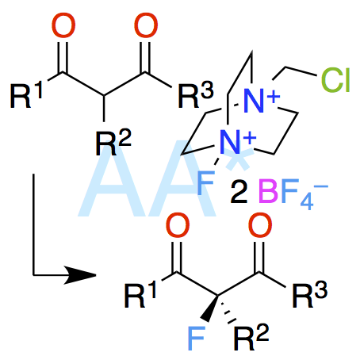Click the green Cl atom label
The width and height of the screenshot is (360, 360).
tap(335, 80)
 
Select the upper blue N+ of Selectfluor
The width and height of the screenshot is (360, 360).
tap(261, 101)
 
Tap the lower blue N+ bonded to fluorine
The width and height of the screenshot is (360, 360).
tap(237, 142)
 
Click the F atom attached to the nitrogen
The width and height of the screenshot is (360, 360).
tap(205, 182)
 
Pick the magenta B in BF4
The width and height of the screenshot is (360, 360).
tap(268, 190)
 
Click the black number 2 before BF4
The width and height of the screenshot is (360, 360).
tap(239, 192)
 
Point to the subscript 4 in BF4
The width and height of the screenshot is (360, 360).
tap(307, 201)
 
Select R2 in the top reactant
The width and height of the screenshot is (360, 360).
tap(113, 142)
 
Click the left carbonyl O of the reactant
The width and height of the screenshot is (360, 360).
tap(63, 25)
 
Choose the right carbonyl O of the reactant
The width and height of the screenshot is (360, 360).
tap(146, 25)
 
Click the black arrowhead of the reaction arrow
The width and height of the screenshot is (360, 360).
tap(80, 275)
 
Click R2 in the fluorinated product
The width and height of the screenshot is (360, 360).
tap(251, 337)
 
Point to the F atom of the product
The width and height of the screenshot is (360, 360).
tap(197, 339)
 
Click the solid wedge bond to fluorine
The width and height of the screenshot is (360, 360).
tap(210, 308)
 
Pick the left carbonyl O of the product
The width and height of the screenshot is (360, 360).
tap(178, 225)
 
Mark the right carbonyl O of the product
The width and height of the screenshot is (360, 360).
tap(260, 225)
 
